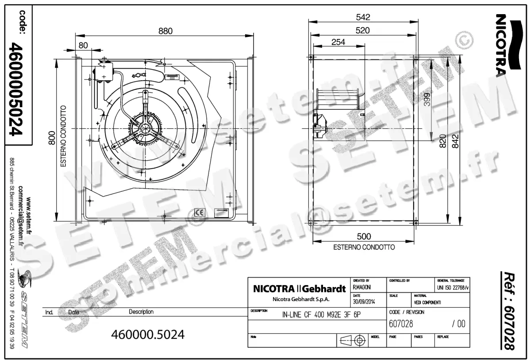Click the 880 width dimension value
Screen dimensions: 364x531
pos(165,31)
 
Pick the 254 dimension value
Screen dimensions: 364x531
pos(338,42)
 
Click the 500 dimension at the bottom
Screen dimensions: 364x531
pos(364,236)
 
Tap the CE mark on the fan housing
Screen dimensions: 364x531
pos(200,212)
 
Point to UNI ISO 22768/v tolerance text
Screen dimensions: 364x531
pos(451,287)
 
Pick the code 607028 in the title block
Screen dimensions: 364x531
pos(401,324)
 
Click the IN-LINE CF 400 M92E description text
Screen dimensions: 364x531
pos(325,315)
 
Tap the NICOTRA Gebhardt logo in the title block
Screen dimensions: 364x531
pos(299,289)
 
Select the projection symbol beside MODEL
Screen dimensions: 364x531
pos(354,341)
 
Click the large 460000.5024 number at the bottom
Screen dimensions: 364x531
pos(148,334)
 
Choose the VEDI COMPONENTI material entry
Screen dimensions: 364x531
pos(427,302)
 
